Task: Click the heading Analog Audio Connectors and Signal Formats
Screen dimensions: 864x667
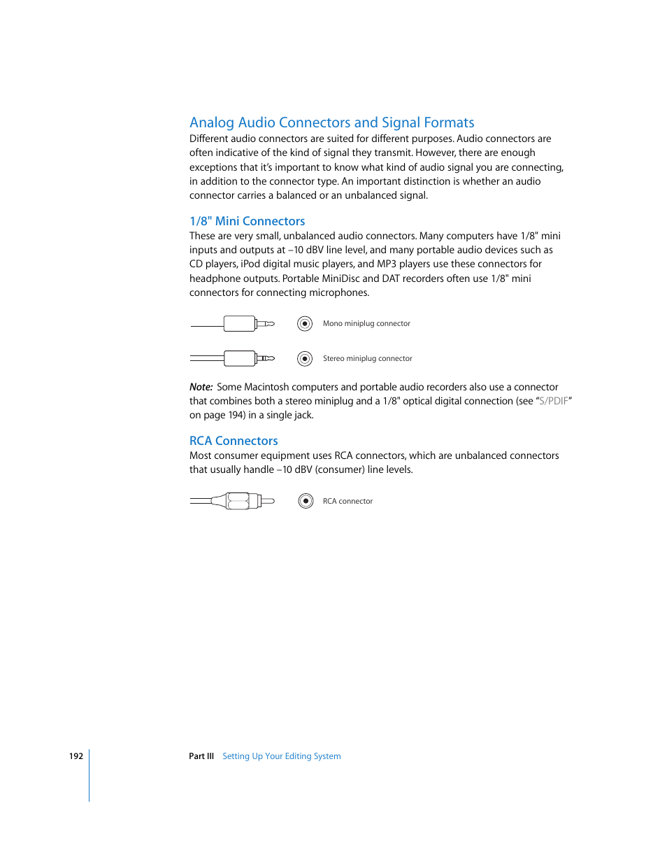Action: tap(331, 122)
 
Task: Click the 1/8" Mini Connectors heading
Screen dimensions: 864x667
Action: tap(247, 221)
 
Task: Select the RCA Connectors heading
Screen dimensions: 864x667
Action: tap(234, 441)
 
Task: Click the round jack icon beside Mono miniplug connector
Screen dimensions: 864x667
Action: tap(304, 324)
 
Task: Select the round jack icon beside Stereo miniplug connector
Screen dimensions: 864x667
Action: tap(304, 359)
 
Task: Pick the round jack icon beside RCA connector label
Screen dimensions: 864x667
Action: tap(306, 501)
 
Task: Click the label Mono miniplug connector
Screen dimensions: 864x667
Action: tap(366, 324)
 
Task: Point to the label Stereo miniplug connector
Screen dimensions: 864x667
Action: tap(367, 359)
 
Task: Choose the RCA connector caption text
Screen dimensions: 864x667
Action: tap(347, 502)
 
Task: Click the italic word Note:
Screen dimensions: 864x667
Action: tap(201, 387)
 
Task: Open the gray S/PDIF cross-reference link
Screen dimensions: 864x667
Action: tap(553, 401)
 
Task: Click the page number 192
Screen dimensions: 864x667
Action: tap(76, 756)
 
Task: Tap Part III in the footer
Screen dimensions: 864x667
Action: tap(201, 756)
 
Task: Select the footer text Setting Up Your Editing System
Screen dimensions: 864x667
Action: tap(281, 756)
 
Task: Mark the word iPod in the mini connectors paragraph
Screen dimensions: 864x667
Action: tap(251, 264)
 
